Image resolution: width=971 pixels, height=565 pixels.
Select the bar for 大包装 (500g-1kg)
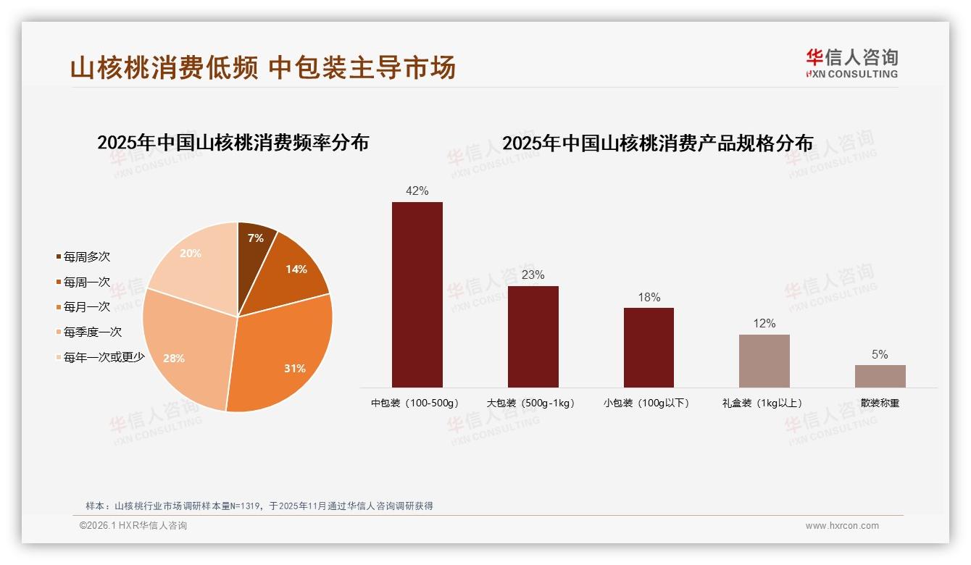(533, 336)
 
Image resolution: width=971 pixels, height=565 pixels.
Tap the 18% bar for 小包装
(649, 347)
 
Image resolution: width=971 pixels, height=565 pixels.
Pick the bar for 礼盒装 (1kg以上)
(764, 361)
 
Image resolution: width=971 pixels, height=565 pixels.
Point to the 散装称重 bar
(880, 376)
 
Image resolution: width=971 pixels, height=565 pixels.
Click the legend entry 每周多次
(86, 257)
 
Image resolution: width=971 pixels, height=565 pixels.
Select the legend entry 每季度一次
(92, 332)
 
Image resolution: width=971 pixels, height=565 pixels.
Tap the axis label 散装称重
(880, 403)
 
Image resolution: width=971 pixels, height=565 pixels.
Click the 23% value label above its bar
(533, 275)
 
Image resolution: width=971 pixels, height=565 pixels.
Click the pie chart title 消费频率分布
(233, 143)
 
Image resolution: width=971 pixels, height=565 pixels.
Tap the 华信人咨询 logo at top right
(851, 63)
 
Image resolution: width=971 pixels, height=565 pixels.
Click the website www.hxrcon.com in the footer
(842, 526)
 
